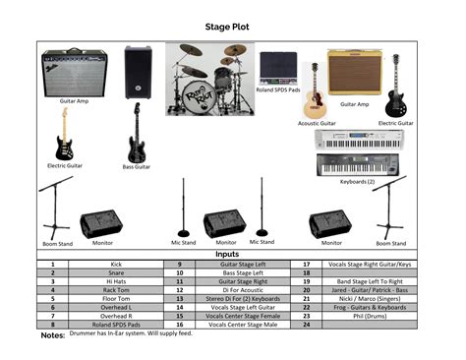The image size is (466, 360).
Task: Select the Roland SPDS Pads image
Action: pyautogui.click(x=278, y=69)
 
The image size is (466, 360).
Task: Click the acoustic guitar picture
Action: pyautogui.click(x=314, y=92)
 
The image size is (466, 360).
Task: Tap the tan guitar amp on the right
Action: pyautogui.click(x=354, y=73)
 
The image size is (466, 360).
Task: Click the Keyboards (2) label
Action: pyautogui.click(x=357, y=182)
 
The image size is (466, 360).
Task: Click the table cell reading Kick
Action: pyautogui.click(x=116, y=264)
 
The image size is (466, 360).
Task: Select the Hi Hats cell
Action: pyautogui.click(x=116, y=281)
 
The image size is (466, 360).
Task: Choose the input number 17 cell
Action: pyautogui.click(x=306, y=264)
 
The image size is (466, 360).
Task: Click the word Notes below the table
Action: pyautogui.click(x=52, y=335)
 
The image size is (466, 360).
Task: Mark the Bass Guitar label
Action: pyautogui.click(x=136, y=166)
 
